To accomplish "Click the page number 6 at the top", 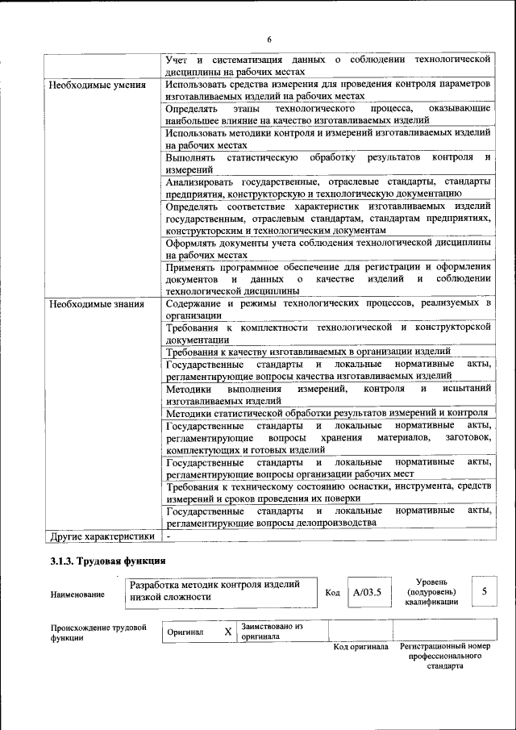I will [x=269, y=40].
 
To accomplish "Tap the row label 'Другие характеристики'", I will [x=102, y=536].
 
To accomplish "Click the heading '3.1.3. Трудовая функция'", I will [x=108, y=561].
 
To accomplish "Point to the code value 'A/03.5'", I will [x=367, y=593].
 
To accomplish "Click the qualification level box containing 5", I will [x=485, y=592].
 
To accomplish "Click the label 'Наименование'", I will [x=77, y=594].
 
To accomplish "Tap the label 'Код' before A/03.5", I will [x=332, y=594].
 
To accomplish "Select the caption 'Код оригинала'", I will [x=361, y=647].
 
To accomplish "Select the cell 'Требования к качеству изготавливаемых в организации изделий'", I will [x=313, y=351].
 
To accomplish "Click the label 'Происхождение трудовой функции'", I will [x=98, y=632].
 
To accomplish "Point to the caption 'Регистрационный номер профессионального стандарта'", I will [x=451, y=657].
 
